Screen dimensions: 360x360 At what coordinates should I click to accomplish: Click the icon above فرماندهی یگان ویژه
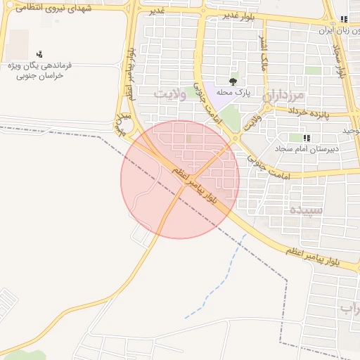coord(39,53)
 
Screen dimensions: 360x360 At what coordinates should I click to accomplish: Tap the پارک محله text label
coord(233,92)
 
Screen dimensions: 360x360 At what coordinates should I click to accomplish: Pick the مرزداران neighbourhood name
coord(283,95)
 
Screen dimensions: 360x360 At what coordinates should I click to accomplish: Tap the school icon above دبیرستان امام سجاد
coord(307,137)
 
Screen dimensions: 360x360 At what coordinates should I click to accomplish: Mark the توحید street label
coord(351,130)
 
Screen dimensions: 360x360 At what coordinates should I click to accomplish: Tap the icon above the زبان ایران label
coord(342,19)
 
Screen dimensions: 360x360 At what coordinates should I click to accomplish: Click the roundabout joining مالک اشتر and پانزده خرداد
coord(266,107)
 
